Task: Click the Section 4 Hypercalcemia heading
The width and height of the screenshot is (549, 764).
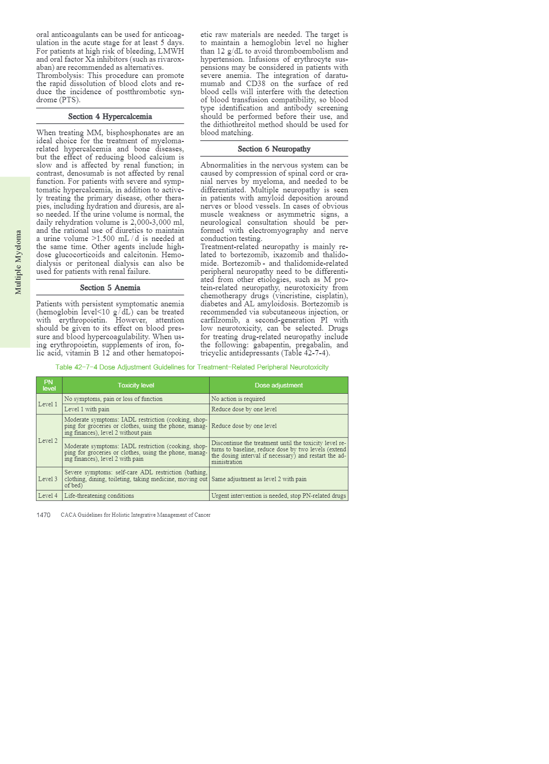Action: pos(110,116)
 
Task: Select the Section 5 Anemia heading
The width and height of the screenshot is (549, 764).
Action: pos(110,287)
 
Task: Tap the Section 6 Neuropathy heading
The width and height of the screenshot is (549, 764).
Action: pos(274,149)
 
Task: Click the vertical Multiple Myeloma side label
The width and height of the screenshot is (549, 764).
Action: pos(18,262)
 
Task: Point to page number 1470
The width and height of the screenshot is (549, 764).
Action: pos(43,515)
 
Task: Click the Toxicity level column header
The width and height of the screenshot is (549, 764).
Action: pos(136,385)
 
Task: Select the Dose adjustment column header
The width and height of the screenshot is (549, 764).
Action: pos(279,385)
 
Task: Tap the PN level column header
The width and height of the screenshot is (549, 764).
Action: pos(49,385)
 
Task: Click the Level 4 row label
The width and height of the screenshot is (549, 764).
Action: pos(48,496)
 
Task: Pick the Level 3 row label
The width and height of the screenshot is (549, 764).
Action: pos(48,479)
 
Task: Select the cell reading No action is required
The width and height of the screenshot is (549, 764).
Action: pos(238,399)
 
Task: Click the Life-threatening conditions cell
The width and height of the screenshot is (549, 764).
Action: pos(99,496)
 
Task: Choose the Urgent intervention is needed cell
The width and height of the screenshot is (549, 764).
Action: pos(279,496)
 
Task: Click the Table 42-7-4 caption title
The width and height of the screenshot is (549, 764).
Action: pos(192,367)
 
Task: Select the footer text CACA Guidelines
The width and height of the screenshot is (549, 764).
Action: pos(135,515)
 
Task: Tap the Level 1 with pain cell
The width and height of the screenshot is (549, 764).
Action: pos(87,409)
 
